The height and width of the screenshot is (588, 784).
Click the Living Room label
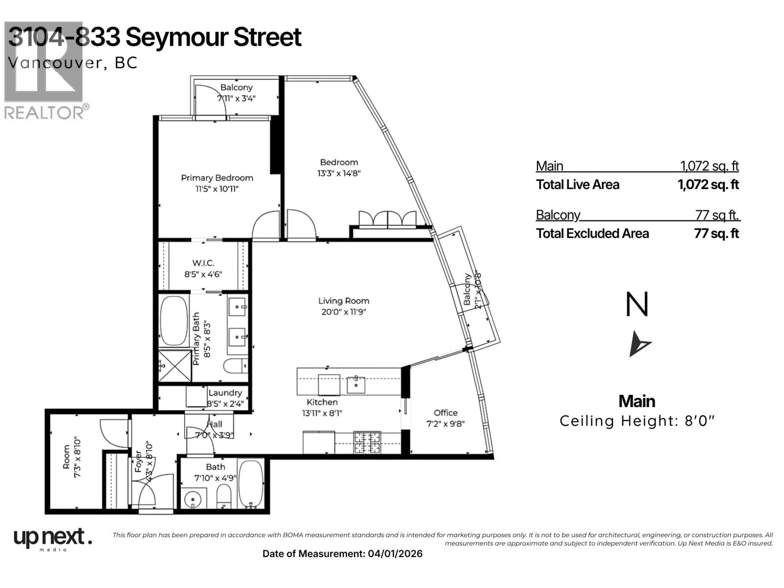pos(343,301)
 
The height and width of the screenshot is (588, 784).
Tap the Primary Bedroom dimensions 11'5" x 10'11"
pos(217,189)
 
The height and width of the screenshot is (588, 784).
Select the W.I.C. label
pos(203,263)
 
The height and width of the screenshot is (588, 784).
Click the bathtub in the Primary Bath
pos(174,320)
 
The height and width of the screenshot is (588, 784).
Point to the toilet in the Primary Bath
pos(235,366)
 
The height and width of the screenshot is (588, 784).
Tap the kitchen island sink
pos(355,385)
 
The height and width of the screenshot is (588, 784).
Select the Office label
pos(445,413)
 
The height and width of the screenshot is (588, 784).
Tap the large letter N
pos(637,305)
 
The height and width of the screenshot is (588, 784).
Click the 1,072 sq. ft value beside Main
pos(709,166)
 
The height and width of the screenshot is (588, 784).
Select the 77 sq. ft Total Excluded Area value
pos(716,233)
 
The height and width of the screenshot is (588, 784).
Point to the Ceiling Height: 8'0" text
pos(637,421)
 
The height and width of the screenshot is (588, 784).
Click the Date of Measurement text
pos(342,554)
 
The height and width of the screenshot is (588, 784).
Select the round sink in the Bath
pos(194,500)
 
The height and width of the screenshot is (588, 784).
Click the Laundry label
pos(225,392)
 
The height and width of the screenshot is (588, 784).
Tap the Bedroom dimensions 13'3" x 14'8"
pos(339,173)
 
